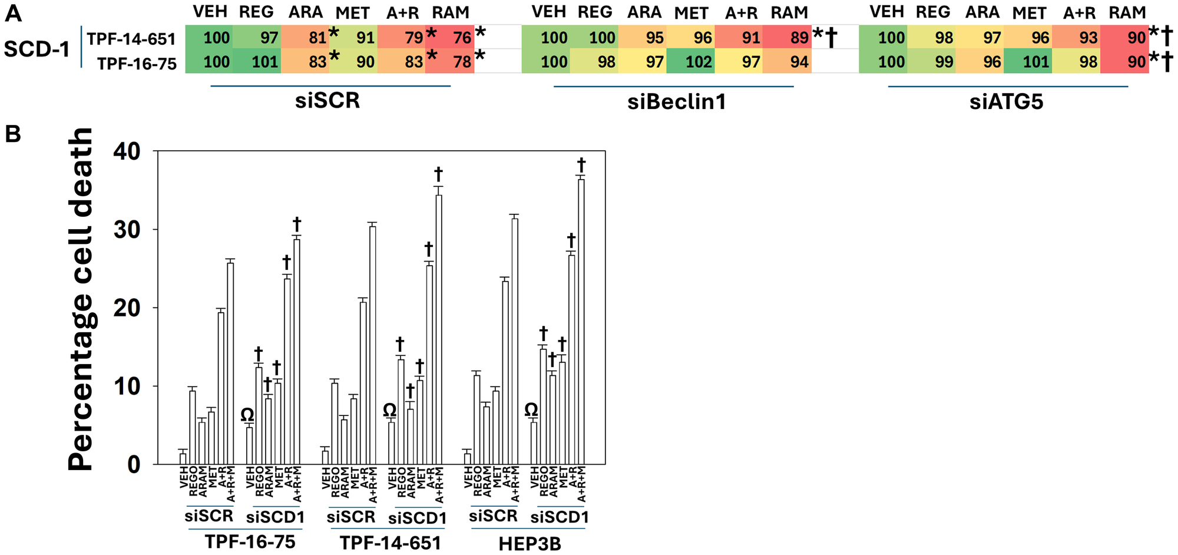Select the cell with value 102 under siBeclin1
tap(690, 61)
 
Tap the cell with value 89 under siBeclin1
tap(786, 38)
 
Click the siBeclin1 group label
tap(676, 102)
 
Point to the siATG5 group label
tap(1007, 102)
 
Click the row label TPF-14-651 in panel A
tap(132, 39)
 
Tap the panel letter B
tap(13, 135)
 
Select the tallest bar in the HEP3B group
tap(581, 321)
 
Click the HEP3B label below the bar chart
tap(530, 543)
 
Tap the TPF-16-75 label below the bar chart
tap(250, 541)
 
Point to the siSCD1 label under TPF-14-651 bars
tap(418, 518)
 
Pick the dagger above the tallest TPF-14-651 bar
tap(438, 174)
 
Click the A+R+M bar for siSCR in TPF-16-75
tap(230, 363)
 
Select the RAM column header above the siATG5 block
tap(1127, 12)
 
